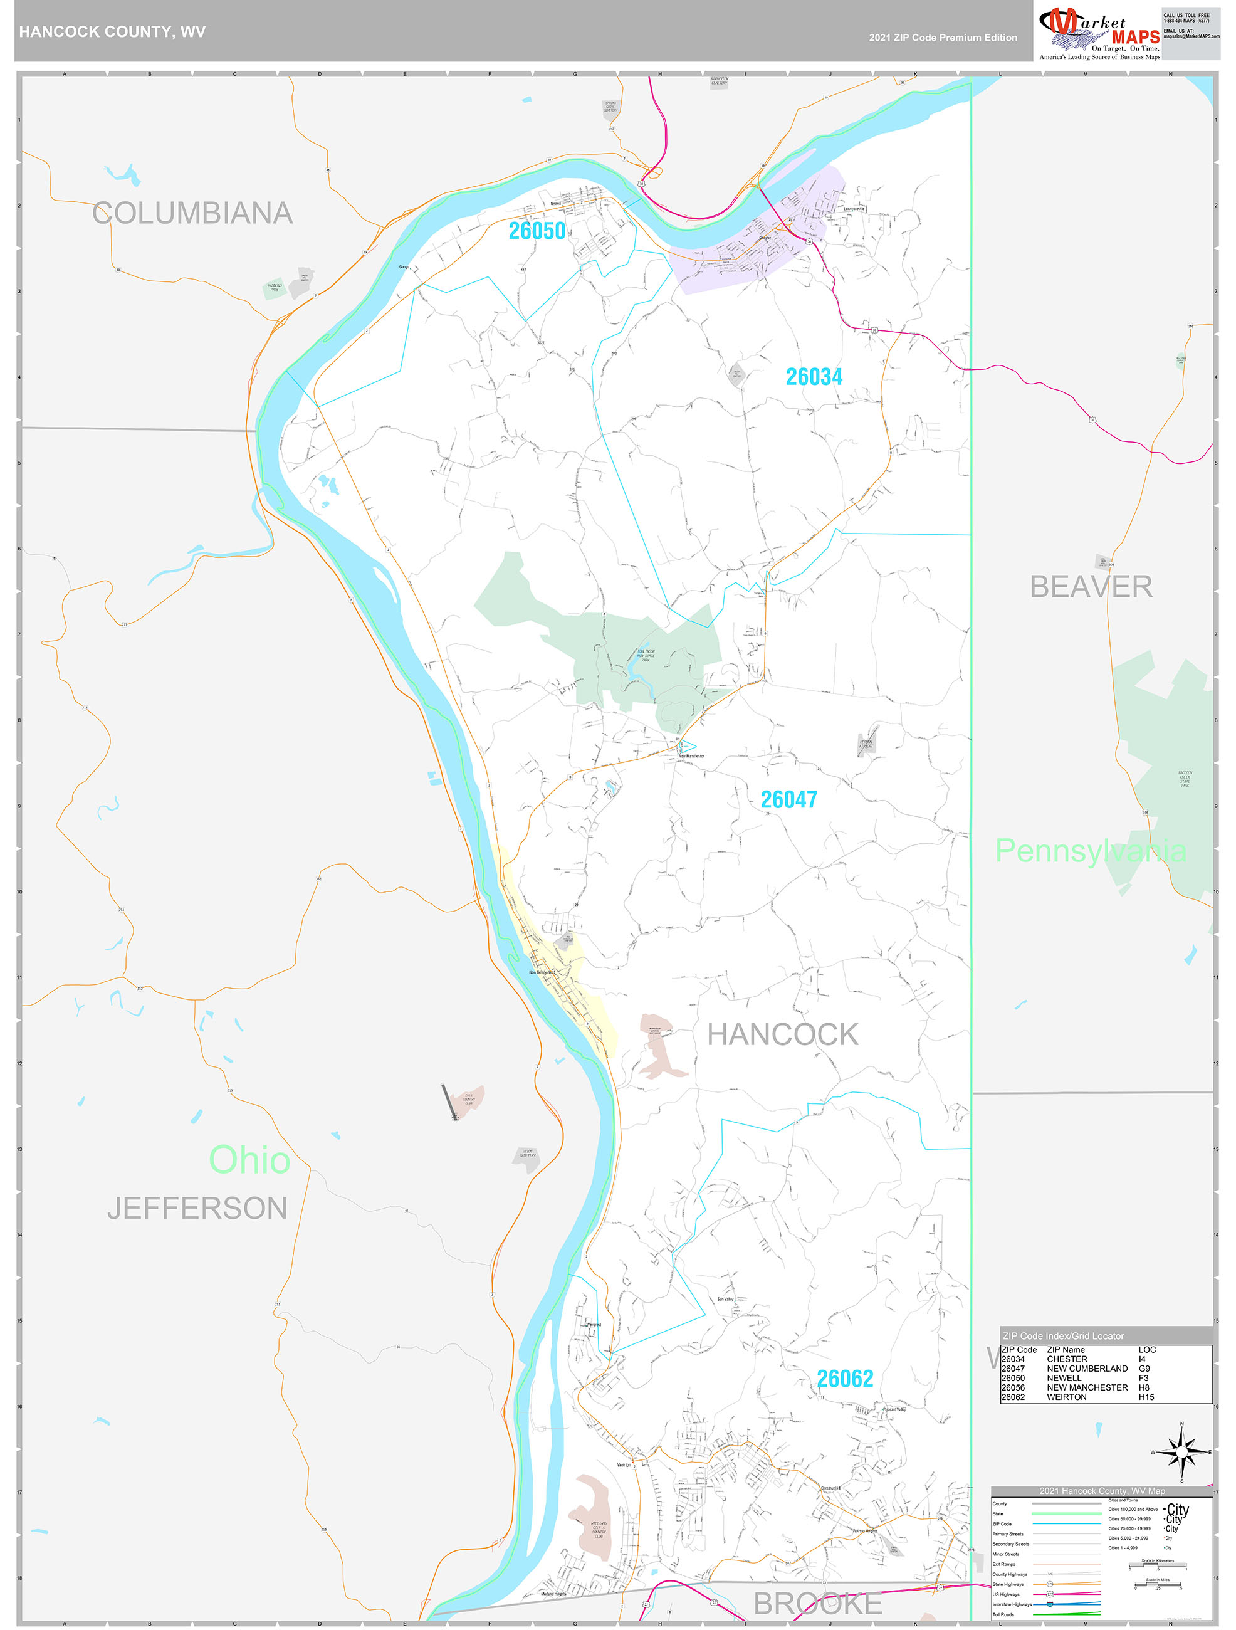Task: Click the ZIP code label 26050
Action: point(537,231)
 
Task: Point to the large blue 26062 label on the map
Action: point(844,1379)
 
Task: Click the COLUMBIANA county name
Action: point(192,213)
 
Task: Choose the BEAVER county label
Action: point(1090,587)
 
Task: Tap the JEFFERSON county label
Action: point(197,1209)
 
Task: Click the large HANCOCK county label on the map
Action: point(782,1034)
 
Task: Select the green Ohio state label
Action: point(249,1159)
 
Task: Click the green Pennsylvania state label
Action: point(1090,851)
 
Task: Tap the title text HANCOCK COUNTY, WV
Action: point(112,32)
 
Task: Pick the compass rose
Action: point(1181,1453)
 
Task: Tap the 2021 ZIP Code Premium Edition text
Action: point(943,38)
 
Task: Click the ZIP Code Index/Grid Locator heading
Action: point(1063,1336)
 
